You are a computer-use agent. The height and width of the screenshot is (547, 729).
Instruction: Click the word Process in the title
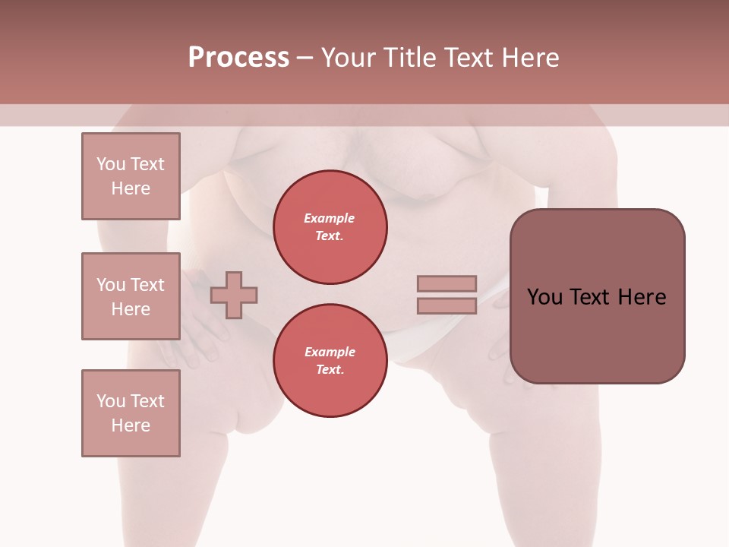tap(238, 58)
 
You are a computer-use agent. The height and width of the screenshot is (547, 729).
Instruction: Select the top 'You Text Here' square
tap(131, 176)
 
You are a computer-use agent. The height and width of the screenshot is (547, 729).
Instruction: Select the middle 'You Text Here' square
tap(131, 296)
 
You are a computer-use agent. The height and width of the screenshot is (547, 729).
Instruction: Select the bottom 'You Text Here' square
tap(131, 413)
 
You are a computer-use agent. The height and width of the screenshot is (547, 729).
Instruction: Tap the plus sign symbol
tap(234, 294)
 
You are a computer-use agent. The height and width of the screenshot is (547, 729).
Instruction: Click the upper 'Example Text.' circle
tap(330, 227)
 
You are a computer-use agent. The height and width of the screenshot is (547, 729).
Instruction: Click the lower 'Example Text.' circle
tap(330, 361)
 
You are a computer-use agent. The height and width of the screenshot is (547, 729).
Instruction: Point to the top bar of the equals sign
tap(447, 284)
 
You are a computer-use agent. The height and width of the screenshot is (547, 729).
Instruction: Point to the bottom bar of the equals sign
tap(447, 305)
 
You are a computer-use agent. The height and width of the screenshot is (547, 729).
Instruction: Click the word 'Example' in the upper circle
tap(330, 218)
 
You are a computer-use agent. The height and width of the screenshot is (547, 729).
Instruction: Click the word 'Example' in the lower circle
tap(330, 352)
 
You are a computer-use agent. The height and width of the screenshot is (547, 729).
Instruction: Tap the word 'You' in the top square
tap(111, 164)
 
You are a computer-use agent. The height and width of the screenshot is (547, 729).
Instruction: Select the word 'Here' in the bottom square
tap(131, 425)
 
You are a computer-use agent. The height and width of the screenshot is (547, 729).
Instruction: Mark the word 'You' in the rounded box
tap(544, 297)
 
